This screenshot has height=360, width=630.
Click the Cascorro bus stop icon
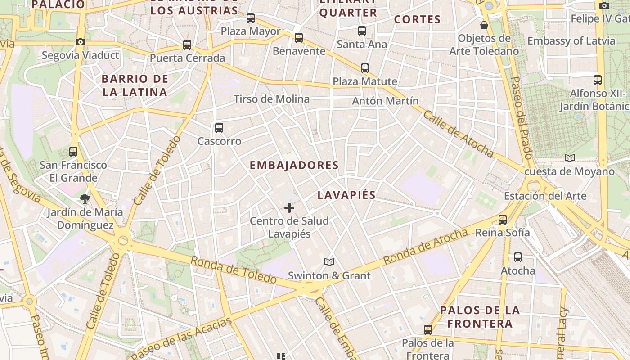click(x=219, y=128)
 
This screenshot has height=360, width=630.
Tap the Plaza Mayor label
click(x=251, y=31)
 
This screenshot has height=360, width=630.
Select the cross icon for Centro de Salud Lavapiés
click(x=289, y=208)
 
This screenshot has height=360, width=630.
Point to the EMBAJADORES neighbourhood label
click(x=294, y=166)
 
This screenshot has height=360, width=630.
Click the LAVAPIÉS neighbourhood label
click(x=346, y=195)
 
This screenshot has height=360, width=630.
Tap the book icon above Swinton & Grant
click(x=329, y=262)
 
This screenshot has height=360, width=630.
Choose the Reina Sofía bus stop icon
click(x=503, y=220)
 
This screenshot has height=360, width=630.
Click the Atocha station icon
click(x=518, y=257)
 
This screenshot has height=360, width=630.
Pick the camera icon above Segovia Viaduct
click(x=81, y=42)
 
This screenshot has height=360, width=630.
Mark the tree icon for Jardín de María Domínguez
click(x=85, y=198)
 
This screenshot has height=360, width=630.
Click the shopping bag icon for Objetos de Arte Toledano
click(x=484, y=25)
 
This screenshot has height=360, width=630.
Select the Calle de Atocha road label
click(x=458, y=134)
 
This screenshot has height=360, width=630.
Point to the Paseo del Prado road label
click(x=522, y=117)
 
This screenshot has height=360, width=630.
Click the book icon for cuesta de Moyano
click(x=570, y=158)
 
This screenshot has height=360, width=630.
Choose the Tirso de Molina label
click(x=271, y=99)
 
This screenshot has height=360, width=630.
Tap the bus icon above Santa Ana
click(x=362, y=31)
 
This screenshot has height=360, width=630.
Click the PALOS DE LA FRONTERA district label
click(x=480, y=317)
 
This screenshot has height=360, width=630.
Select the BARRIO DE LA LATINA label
click(x=135, y=85)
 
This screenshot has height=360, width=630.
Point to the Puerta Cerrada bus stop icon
click(x=187, y=45)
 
